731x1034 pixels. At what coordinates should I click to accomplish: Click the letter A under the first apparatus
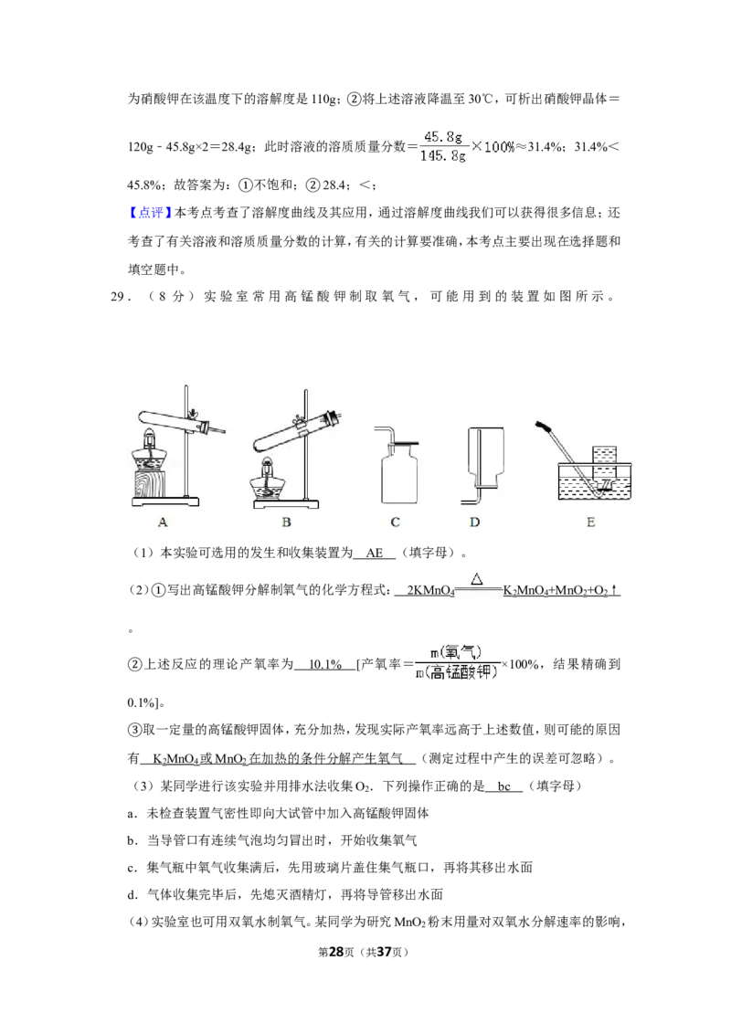point(163,522)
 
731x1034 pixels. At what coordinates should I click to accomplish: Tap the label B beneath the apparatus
point(286,522)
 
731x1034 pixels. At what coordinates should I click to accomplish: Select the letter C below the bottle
point(395,522)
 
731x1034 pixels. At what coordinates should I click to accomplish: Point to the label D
point(475,522)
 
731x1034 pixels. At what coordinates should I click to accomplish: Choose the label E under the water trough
point(590,522)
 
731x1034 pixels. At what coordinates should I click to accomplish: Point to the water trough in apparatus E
point(595,480)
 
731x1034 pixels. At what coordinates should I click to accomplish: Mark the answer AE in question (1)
point(374,554)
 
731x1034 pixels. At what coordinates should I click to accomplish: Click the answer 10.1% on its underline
point(325,665)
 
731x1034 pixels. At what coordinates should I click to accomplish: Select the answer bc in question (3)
point(504,786)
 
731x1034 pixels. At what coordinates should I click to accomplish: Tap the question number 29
point(118,297)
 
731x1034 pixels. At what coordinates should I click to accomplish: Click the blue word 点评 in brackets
point(151,213)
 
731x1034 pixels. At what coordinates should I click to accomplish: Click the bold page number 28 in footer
point(336,952)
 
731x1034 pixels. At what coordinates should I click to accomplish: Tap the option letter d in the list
point(132,895)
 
